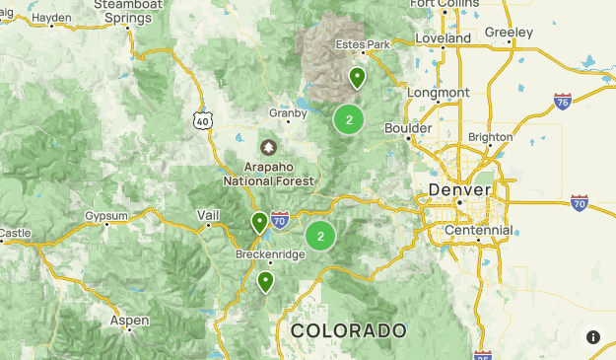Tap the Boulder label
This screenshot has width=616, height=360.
pos(408,128)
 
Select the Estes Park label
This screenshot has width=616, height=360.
pos(363,44)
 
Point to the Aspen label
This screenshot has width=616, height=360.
pos(129,321)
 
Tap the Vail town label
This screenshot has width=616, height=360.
pos(208,214)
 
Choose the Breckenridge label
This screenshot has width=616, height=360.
pos(270,253)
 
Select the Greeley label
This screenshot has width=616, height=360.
pos(509,33)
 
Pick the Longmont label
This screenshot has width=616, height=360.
pos(438,92)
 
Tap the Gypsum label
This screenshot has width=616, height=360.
pos(106,215)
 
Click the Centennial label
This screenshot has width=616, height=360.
pos(478,230)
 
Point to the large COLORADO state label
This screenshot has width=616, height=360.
pos(348,329)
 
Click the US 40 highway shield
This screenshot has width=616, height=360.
pos(202,119)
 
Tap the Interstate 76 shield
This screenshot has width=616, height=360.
pos(562,102)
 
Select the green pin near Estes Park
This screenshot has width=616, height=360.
pos(358,77)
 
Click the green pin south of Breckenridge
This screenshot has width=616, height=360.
pos(265,282)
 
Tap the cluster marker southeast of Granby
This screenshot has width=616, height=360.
pos(349,119)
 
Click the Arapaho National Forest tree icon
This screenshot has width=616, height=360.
pos(267,147)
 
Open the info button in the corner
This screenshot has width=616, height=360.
pos(593,337)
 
